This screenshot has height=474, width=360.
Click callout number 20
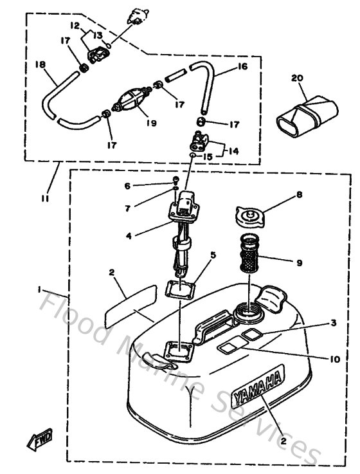point(297,78)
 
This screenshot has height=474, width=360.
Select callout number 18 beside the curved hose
point(40,65)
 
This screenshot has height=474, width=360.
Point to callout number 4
point(129,236)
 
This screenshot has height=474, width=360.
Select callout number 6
point(127,186)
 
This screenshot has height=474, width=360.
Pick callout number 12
point(75,26)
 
